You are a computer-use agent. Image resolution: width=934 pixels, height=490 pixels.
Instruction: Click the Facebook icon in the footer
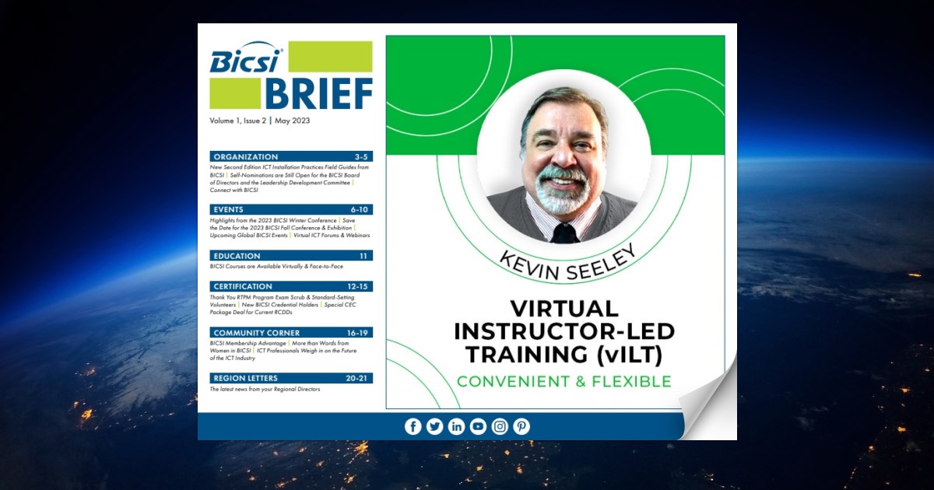pos(413,426)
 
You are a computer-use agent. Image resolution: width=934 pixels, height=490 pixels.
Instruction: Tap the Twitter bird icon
pos(434,426)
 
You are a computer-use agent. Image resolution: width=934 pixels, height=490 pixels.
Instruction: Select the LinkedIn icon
pos(456,426)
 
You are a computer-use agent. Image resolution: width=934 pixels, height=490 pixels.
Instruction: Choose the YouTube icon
pos(478,426)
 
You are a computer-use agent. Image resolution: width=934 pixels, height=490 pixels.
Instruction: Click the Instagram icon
pos(500,426)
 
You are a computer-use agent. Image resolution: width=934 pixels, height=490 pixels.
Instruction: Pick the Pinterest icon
pos(521,426)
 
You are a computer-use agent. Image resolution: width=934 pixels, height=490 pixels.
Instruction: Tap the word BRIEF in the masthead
pos(318,95)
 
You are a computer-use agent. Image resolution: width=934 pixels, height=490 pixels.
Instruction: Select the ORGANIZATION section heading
pos(246,156)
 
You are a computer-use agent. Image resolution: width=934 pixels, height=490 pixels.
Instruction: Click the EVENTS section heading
pos(228,209)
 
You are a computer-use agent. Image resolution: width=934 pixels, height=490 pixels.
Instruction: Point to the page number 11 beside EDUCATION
pos(363,255)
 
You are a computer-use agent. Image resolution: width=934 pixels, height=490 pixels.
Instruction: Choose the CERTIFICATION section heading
pos(243,286)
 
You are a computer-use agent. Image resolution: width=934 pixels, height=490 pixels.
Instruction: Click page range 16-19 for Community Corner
pos(358,333)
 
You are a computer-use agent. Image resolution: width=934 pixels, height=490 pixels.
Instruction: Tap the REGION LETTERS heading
pos(245,378)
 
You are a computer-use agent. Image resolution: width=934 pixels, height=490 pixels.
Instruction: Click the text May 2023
pos(292,121)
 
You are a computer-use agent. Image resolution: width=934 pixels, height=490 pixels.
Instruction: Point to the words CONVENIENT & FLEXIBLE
pos(564,381)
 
